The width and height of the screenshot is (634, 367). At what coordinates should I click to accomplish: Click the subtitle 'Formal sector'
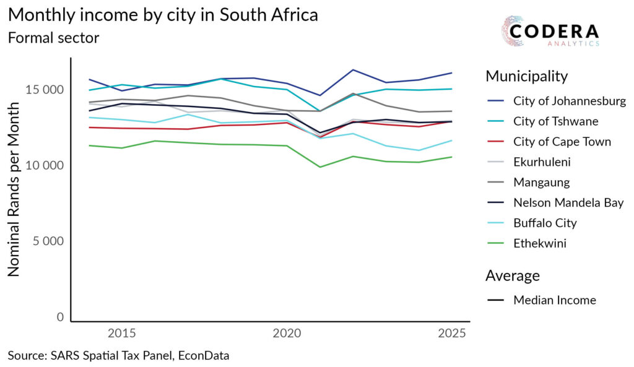(x=53, y=38)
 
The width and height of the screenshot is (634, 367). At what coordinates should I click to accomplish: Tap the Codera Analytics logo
(x=550, y=33)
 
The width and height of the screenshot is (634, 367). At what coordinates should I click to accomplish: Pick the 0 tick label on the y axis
(x=60, y=317)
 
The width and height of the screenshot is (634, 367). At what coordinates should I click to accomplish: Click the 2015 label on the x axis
(x=122, y=334)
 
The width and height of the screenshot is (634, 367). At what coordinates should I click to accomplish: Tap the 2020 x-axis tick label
(x=287, y=334)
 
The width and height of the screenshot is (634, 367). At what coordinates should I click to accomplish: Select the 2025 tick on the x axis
(x=452, y=334)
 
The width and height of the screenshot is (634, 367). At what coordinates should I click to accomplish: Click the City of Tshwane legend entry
(x=555, y=121)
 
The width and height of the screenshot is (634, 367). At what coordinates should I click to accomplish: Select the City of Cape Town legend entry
(x=562, y=142)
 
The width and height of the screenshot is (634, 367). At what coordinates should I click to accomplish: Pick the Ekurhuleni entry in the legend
(x=542, y=162)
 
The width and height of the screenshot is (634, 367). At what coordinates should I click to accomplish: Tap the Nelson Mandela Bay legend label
(x=568, y=202)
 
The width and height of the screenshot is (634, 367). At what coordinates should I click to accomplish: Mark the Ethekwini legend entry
(x=539, y=243)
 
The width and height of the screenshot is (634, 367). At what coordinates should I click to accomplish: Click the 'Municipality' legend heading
(x=526, y=76)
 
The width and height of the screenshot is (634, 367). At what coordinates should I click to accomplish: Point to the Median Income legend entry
(x=554, y=300)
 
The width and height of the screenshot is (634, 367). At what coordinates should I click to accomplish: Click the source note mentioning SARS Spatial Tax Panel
(x=118, y=356)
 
